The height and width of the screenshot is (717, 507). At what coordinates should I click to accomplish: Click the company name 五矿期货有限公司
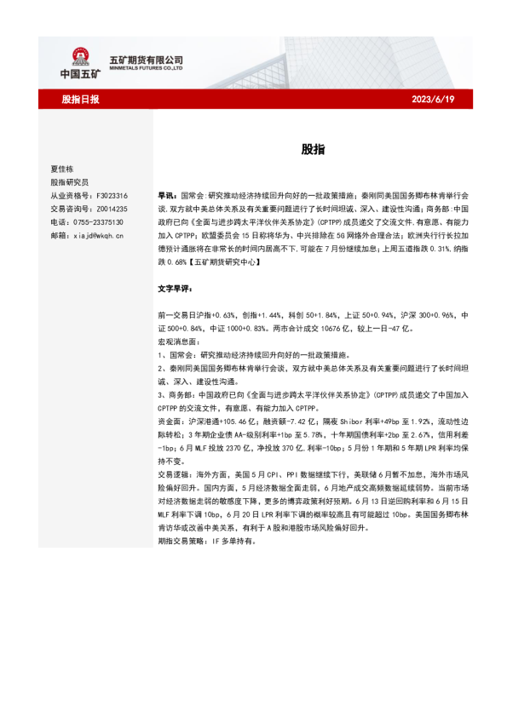[x=147, y=60]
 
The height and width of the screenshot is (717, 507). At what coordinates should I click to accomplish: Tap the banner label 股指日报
[x=80, y=100]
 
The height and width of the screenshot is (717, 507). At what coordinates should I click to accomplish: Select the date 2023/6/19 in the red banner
[x=434, y=100]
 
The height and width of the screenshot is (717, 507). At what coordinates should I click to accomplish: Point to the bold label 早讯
[x=166, y=195]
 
